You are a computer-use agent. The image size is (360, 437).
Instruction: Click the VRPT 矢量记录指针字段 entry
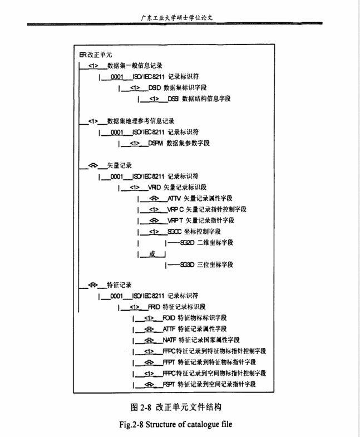point(193,220)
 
